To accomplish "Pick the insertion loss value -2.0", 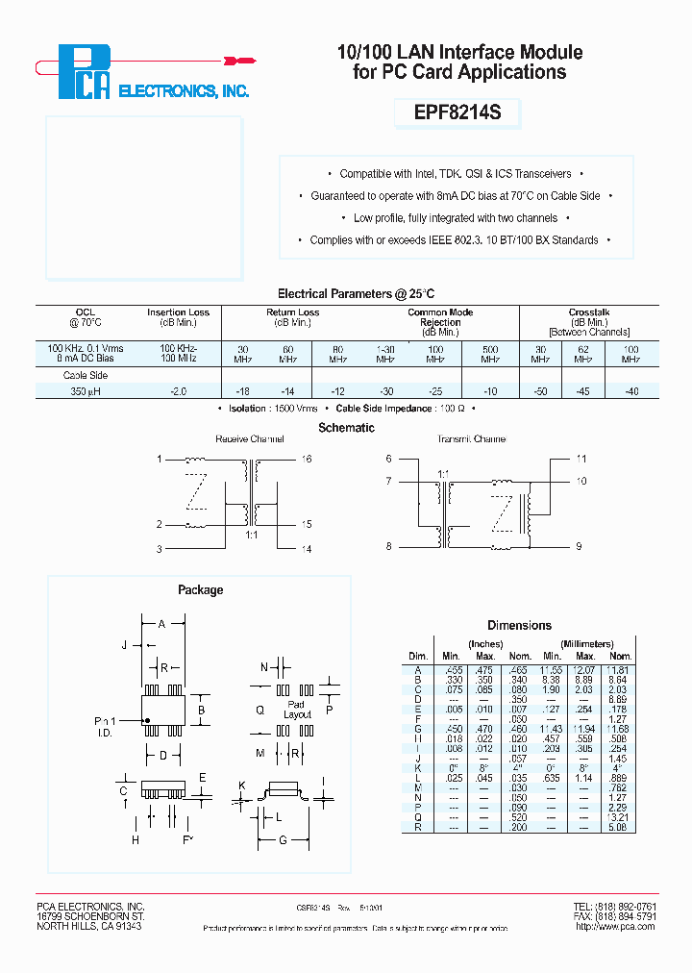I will pyautogui.click(x=178, y=391).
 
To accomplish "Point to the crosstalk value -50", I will pyautogui.click(x=541, y=391).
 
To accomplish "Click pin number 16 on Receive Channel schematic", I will pyautogui.click(x=308, y=460).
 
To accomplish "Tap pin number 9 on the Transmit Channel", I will pyautogui.click(x=581, y=546).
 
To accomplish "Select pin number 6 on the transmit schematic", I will pyautogui.click(x=388, y=460).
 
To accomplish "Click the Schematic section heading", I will pyautogui.click(x=346, y=428).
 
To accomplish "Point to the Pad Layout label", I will pyautogui.click(x=297, y=710).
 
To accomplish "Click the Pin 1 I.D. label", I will pyautogui.click(x=107, y=726).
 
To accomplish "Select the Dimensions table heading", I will pyautogui.click(x=519, y=625).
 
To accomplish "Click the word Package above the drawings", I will pyautogui.click(x=200, y=590).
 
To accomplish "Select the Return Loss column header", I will pyautogui.click(x=292, y=312).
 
